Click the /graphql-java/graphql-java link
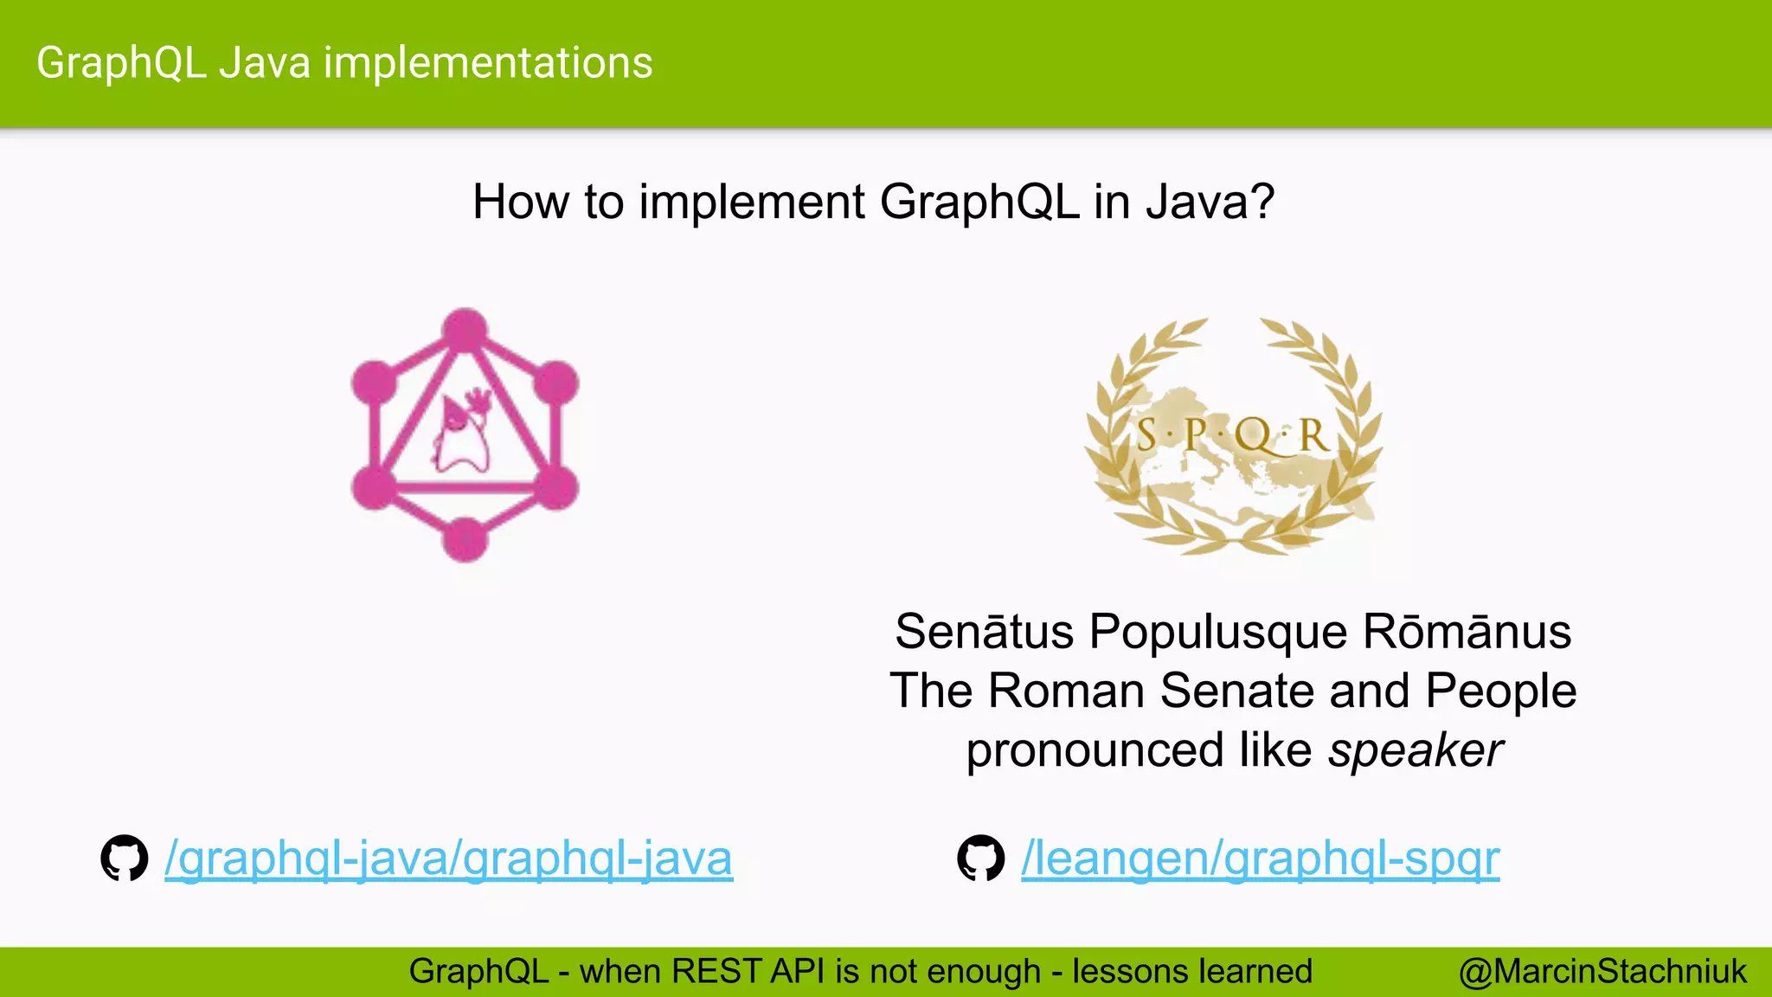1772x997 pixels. [x=448, y=859]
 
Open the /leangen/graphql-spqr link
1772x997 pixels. [x=1260, y=859]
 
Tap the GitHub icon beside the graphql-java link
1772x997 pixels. [x=125, y=858]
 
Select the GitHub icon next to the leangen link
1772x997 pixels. [x=981, y=858]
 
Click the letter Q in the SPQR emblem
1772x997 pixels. [x=1255, y=435]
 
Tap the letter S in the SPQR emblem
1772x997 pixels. [x=1146, y=435]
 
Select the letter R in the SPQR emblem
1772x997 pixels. [x=1313, y=435]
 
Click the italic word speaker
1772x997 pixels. [x=1416, y=750]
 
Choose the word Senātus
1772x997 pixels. [x=984, y=632]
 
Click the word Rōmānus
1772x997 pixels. [x=1467, y=632]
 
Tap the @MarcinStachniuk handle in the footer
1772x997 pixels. [x=1602, y=972]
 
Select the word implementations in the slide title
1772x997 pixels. [x=488, y=63]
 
